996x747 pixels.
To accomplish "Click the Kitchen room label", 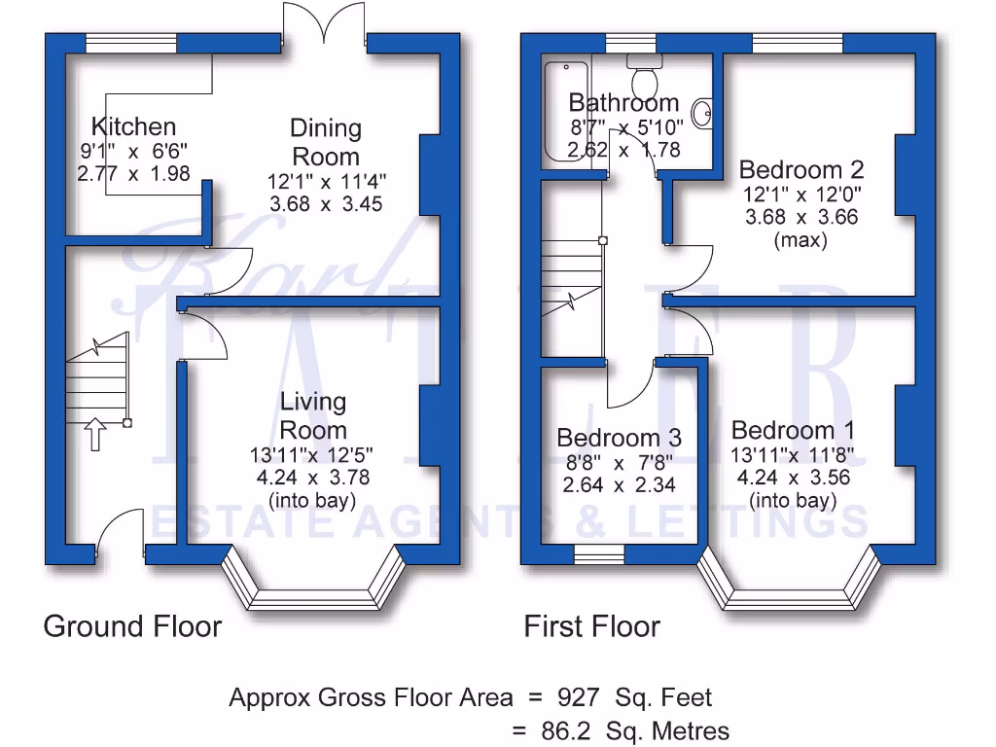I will point(133,126).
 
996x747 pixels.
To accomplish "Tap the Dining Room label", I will point(326,142).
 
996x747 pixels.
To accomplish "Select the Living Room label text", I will point(313,415).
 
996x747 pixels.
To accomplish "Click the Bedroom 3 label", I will point(619,438).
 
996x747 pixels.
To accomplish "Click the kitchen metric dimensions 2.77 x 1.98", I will point(132,172).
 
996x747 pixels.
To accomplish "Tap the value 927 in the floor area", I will point(583,697).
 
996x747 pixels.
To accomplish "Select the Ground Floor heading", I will point(132,626).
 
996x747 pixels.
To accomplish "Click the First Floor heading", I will point(591,626).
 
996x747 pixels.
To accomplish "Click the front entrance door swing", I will point(120,533).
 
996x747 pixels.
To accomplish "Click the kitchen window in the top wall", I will point(130,44).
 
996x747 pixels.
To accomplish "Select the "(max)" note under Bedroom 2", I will point(800,239).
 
